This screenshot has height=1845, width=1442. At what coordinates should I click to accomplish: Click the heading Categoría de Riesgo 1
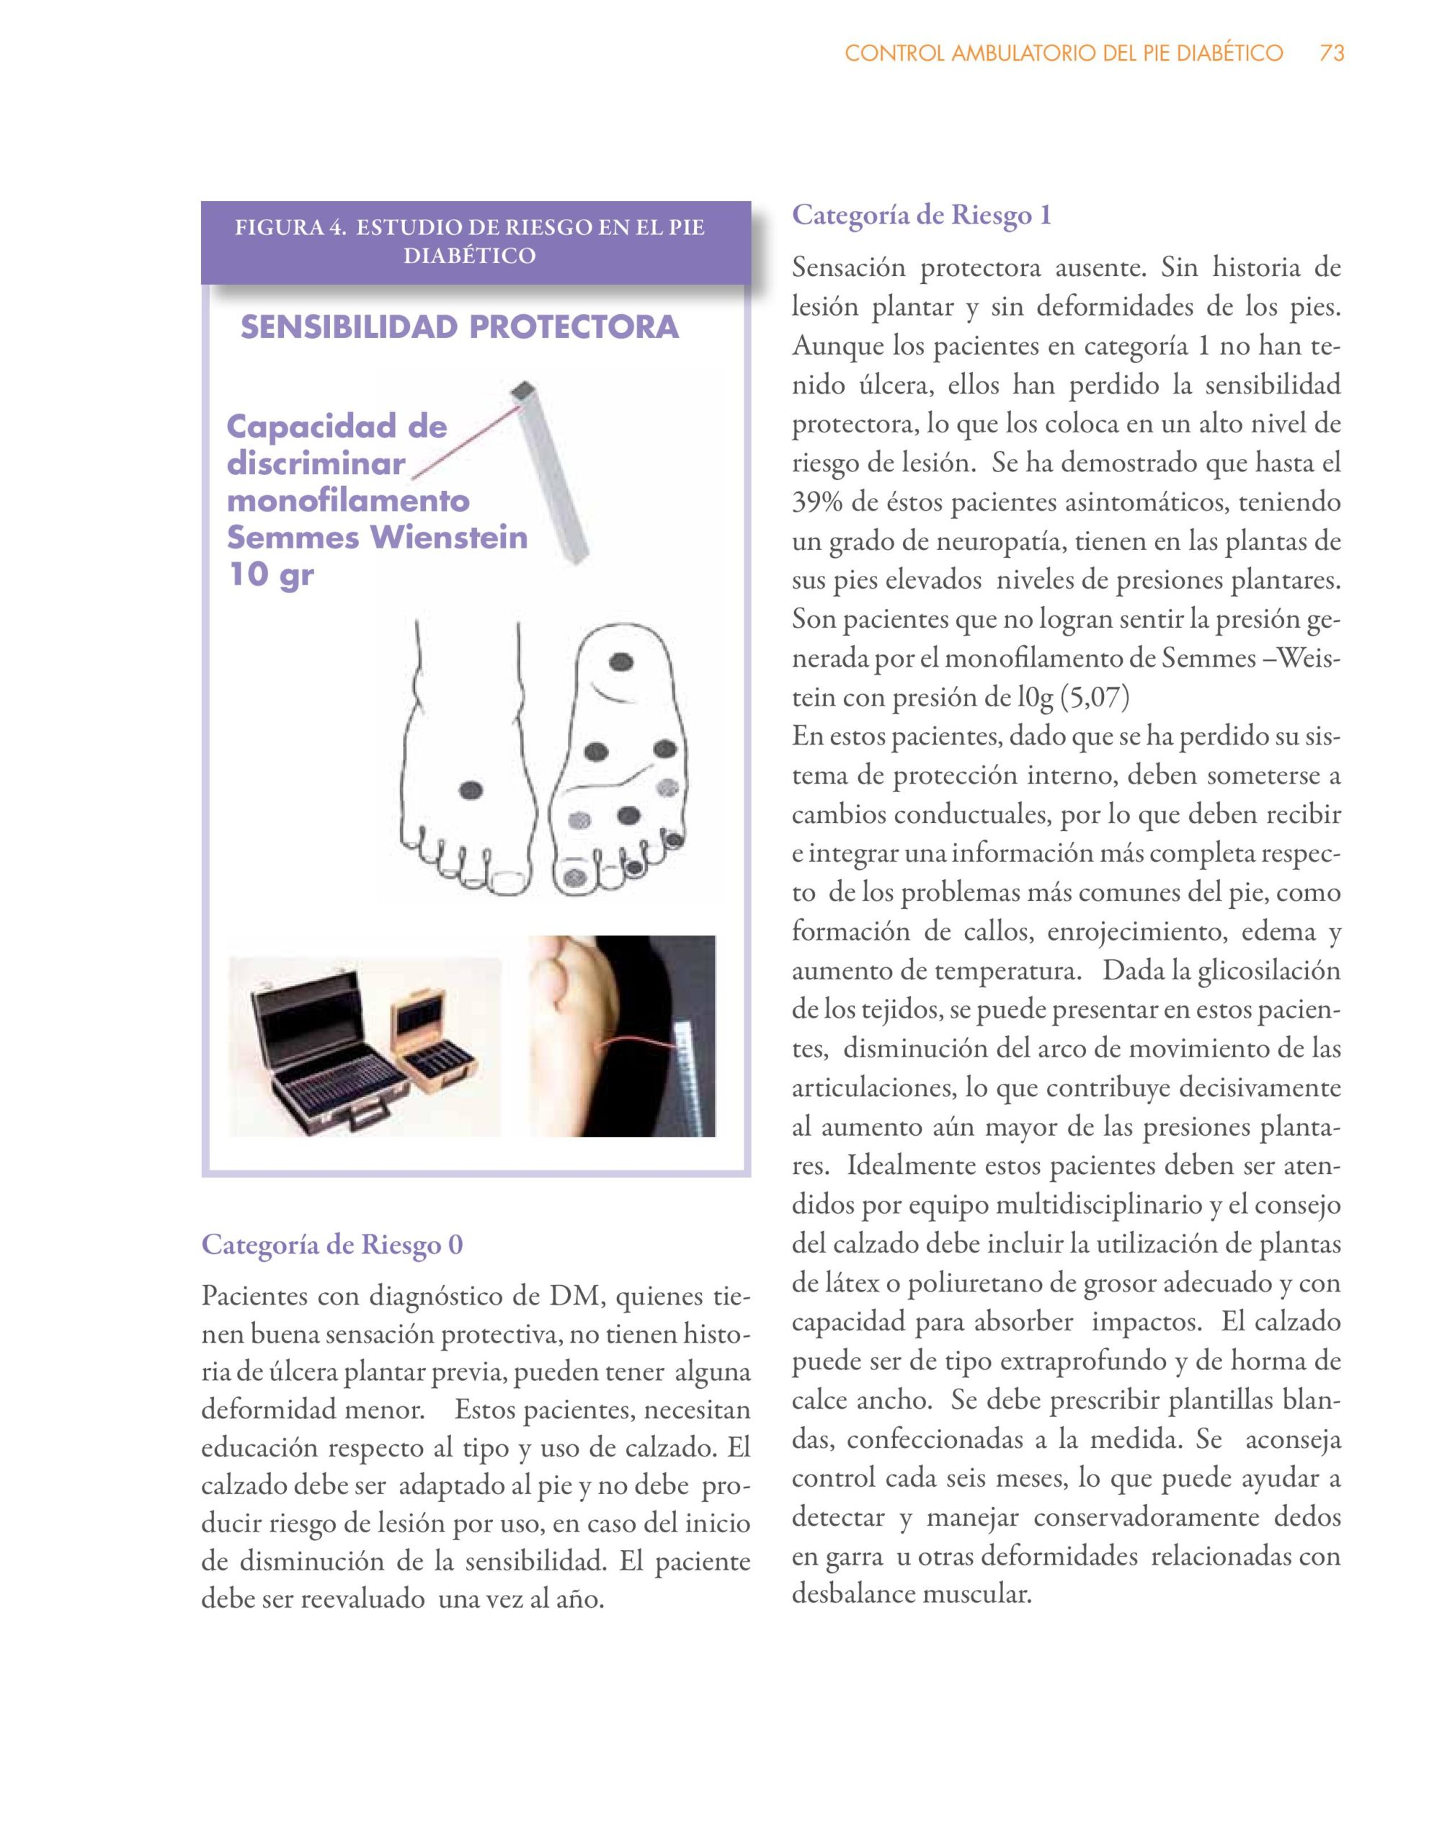[922, 215]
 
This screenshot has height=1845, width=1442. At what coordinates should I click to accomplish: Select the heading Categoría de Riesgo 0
[332, 1245]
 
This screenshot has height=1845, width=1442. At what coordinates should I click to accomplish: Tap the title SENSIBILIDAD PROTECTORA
[460, 327]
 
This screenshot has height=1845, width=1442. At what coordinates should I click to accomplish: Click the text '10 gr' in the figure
[271, 574]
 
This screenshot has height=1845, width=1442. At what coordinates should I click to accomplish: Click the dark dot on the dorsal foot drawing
[471, 791]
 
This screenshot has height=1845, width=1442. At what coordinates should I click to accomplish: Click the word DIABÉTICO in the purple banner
[470, 255]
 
